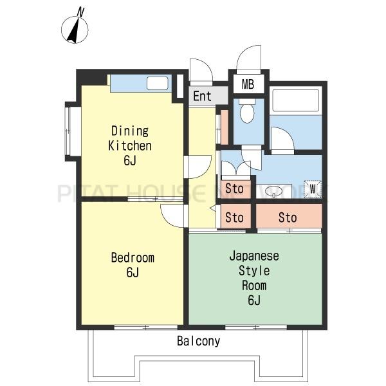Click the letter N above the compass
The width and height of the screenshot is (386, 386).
click(80, 12)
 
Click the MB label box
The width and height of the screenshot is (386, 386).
click(248, 84)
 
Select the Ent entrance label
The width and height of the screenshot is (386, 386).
click(202, 96)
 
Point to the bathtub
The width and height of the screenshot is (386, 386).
click(296, 100)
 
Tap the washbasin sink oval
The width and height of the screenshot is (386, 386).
click(273, 191)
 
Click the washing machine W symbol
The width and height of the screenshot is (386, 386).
click(313, 189)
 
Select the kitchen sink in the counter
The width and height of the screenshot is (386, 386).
click(158, 83)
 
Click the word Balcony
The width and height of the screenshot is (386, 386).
click(198, 341)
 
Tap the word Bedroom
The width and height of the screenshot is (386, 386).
click(133, 257)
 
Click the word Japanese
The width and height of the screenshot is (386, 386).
click(254, 256)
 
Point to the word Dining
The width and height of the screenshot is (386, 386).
click(130, 131)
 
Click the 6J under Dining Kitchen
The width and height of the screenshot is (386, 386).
click(130, 160)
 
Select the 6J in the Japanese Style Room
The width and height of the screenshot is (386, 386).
click(254, 300)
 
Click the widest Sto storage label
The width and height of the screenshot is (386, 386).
click(288, 217)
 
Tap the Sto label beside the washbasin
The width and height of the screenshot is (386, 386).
click(234, 188)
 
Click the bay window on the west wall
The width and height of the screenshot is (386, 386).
click(73, 131)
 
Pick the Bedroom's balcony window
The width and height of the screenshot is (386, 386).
click(146, 327)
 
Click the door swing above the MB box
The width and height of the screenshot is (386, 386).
click(248, 57)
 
